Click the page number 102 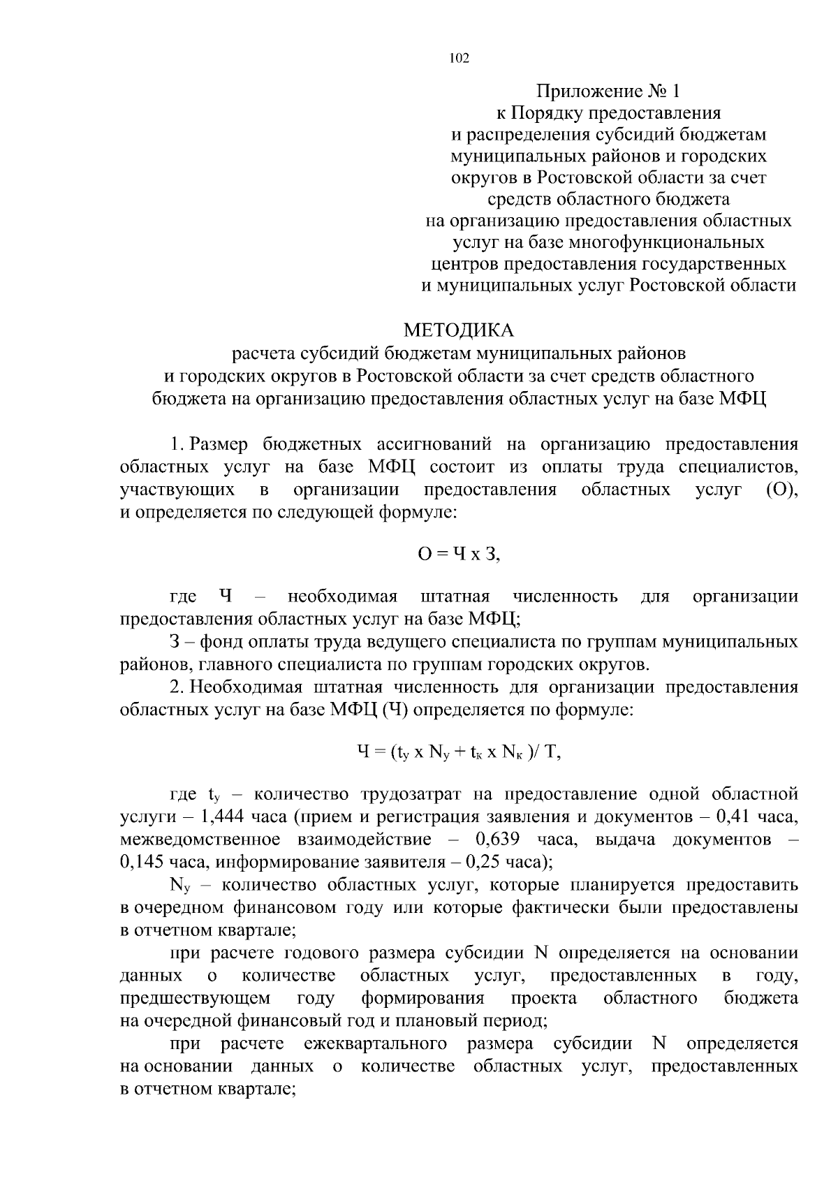[458, 59]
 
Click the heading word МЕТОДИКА [458, 329]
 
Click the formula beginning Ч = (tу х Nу [458, 752]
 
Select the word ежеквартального [376, 1044]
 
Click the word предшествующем [195, 998]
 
